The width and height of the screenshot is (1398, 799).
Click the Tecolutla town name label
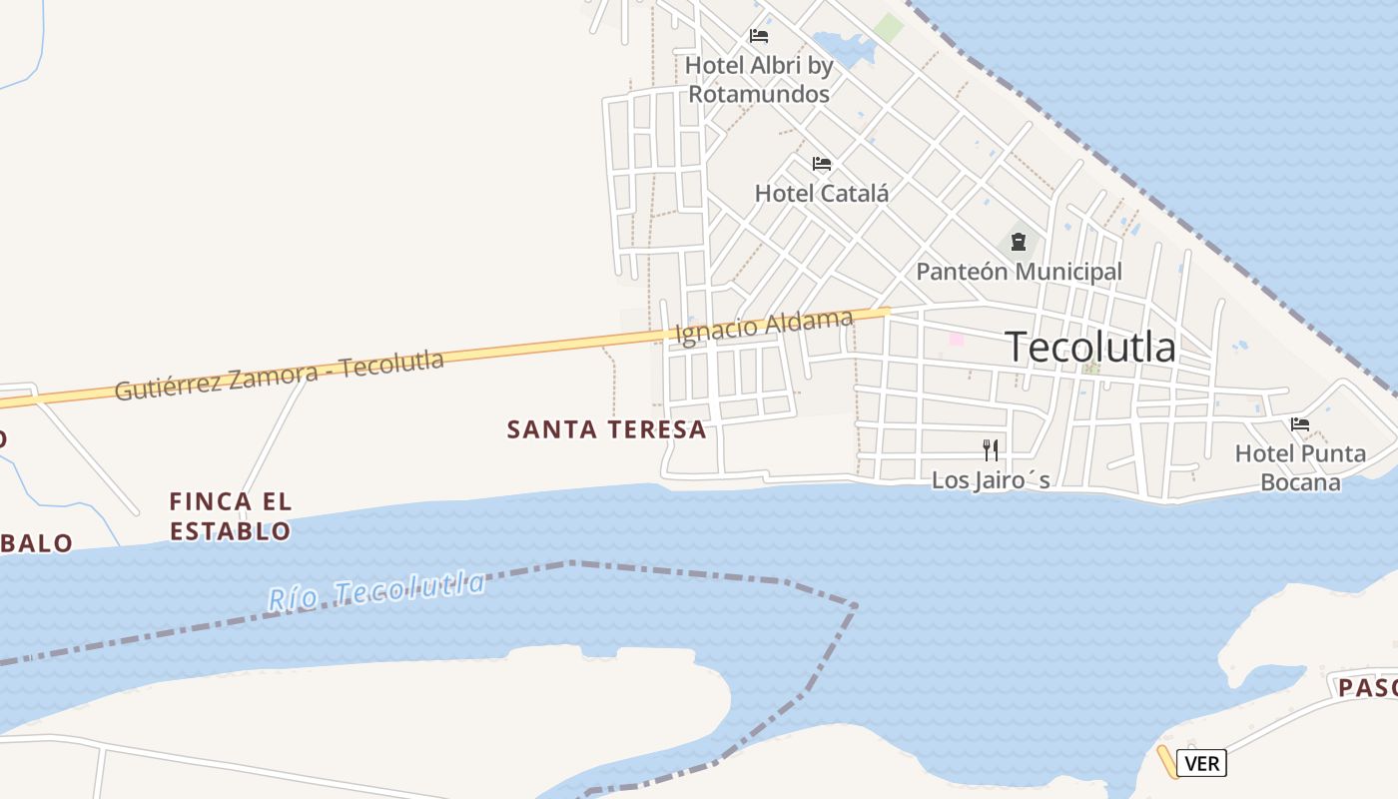(x=1090, y=347)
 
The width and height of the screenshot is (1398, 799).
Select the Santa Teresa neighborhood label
(x=606, y=429)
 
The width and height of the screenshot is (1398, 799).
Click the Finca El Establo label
(x=230, y=515)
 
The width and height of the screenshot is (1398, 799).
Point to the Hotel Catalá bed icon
(x=822, y=164)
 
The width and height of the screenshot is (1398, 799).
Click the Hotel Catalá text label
(x=821, y=193)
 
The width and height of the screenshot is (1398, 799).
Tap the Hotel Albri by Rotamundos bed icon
(x=759, y=37)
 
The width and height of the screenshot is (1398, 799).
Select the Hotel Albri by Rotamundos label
(x=759, y=80)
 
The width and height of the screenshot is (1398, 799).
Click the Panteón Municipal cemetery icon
(x=1018, y=242)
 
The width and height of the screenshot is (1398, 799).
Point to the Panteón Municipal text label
(x=1019, y=271)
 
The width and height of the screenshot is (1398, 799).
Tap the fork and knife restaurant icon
(x=990, y=449)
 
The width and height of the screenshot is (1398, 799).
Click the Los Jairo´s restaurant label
(x=990, y=480)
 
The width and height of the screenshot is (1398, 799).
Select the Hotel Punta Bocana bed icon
(x=1299, y=424)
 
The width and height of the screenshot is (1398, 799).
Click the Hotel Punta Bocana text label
(x=1300, y=467)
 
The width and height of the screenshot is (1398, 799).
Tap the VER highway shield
(x=1201, y=763)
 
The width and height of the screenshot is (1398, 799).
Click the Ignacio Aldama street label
(x=764, y=327)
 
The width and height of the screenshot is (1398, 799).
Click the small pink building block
(x=956, y=339)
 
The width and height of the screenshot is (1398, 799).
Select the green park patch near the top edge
(x=888, y=28)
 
